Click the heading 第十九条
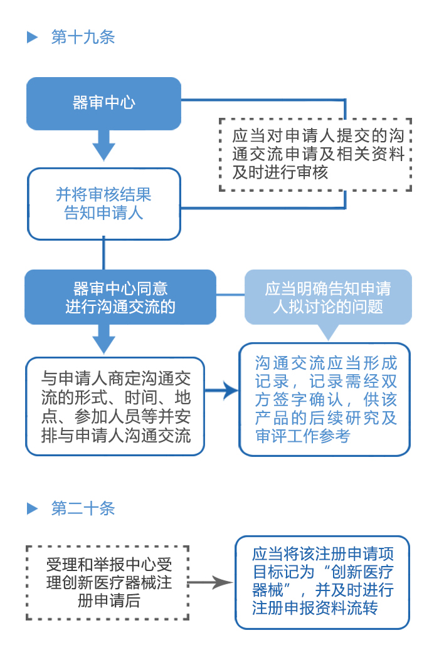pyautogui.click(x=83, y=37)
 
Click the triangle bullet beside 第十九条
pyautogui.click(x=33, y=38)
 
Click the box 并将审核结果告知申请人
pyautogui.click(x=103, y=204)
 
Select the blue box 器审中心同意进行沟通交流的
pyautogui.click(x=120, y=297)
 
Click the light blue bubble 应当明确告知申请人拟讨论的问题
pyautogui.click(x=327, y=297)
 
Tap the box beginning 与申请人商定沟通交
pyautogui.click(x=115, y=406)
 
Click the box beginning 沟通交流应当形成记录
pyautogui.click(x=325, y=399)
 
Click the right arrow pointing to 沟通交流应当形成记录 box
pyautogui.click(x=222, y=391)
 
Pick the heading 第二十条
pyautogui.click(x=83, y=508)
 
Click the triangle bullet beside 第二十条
pyautogui.click(x=33, y=508)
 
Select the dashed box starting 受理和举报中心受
pyautogui.click(x=108, y=582)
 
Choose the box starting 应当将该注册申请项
pyautogui.click(x=322, y=582)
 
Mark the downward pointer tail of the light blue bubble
pyautogui.click(x=327, y=331)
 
